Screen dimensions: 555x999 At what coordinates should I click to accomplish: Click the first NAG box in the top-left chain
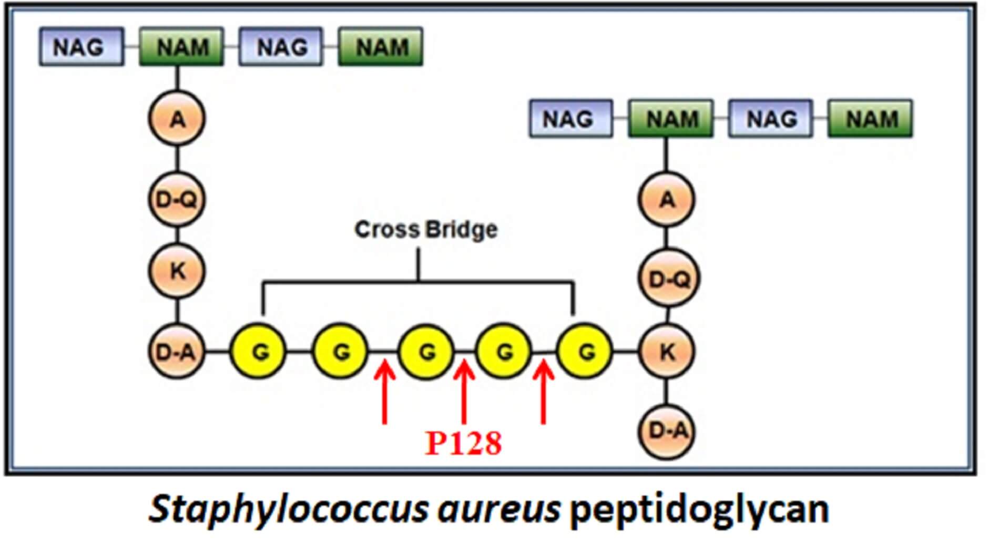click(81, 47)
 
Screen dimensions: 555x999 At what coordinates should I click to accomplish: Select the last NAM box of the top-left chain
click(380, 47)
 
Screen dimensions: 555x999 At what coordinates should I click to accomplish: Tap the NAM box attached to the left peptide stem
click(181, 47)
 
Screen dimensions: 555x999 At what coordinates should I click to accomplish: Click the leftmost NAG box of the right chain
click(570, 119)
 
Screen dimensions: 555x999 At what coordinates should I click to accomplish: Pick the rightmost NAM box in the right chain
click(870, 119)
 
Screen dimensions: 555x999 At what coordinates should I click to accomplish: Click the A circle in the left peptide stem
click(177, 119)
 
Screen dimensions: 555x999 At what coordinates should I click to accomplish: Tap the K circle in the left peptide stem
click(177, 272)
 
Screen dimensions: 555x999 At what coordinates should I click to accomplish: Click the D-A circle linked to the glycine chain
click(177, 352)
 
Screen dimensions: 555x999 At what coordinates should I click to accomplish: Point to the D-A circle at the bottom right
click(667, 431)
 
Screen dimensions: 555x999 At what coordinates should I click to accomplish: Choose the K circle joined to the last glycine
click(667, 352)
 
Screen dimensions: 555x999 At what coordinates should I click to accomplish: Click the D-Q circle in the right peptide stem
click(668, 279)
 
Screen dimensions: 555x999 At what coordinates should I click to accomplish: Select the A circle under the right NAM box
click(667, 200)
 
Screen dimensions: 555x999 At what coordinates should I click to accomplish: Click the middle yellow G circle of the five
click(426, 352)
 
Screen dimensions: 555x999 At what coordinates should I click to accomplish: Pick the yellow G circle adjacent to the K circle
click(585, 352)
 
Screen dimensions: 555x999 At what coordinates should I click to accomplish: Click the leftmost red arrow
click(385, 392)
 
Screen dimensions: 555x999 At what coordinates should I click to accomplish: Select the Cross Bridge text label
click(426, 230)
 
